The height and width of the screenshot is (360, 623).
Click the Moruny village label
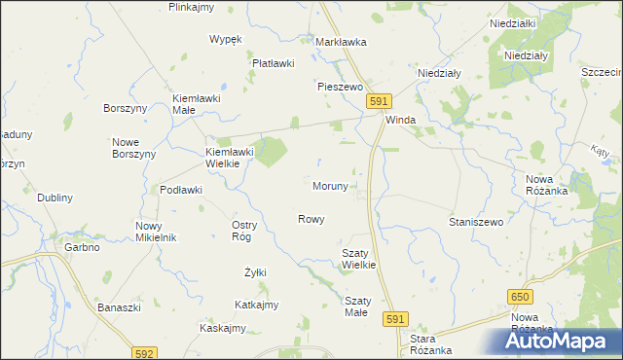[x=330, y=186]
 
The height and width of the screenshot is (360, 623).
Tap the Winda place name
[x=401, y=120]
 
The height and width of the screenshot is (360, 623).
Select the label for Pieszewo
[x=340, y=86]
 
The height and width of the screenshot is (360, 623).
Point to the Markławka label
[x=341, y=42]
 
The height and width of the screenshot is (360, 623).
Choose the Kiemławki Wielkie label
[x=230, y=158]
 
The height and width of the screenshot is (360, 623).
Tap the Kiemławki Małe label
[x=198, y=104]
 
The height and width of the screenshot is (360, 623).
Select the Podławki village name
[x=180, y=190]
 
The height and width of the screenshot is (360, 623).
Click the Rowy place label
[x=311, y=219]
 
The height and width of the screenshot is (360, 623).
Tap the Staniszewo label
[x=475, y=222]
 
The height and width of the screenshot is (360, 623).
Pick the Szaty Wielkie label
[x=358, y=258]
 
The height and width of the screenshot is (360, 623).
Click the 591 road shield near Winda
[x=380, y=101]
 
